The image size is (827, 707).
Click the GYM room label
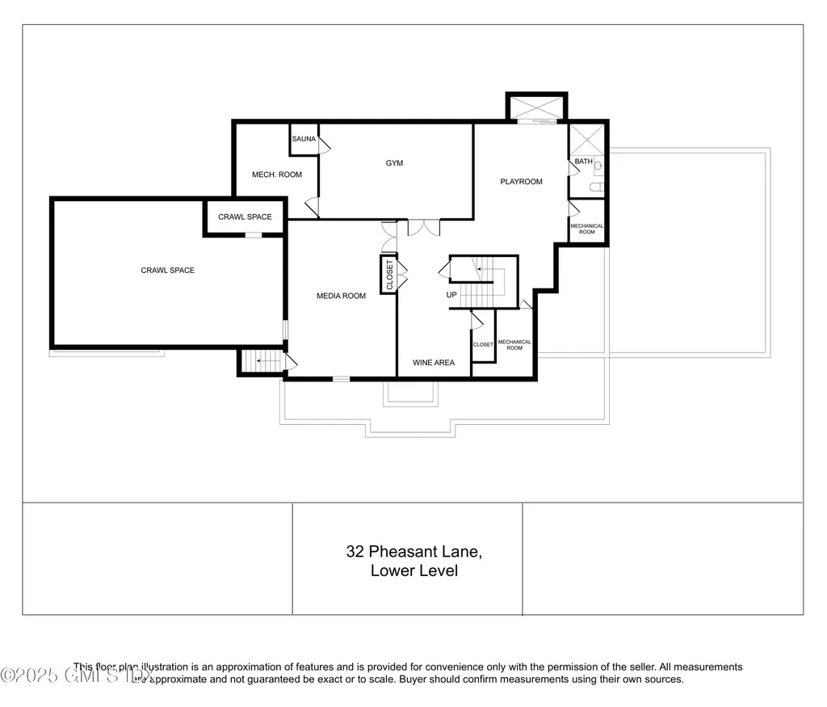pyautogui.click(x=394, y=163)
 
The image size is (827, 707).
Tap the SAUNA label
pyautogui.click(x=304, y=139)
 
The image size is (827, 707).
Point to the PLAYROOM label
pyautogui.click(x=521, y=182)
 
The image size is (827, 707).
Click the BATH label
pyautogui.click(x=583, y=162)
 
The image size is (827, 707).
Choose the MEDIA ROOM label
pyautogui.click(x=341, y=296)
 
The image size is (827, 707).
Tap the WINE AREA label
pyautogui.click(x=434, y=363)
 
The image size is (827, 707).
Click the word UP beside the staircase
pyautogui.click(x=451, y=295)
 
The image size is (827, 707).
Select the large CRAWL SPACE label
pyautogui.click(x=168, y=270)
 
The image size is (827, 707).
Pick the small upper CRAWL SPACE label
pyautogui.click(x=245, y=217)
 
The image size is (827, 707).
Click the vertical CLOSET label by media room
pyautogui.click(x=389, y=274)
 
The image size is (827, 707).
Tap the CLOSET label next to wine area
pyautogui.click(x=483, y=345)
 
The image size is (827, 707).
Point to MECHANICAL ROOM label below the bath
pyautogui.click(x=587, y=229)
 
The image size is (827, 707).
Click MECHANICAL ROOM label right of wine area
pyautogui.click(x=514, y=345)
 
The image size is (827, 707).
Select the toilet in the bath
pyautogui.click(x=596, y=187)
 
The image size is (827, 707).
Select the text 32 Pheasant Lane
pyautogui.click(x=413, y=552)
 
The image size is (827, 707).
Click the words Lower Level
pyautogui.click(x=413, y=570)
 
